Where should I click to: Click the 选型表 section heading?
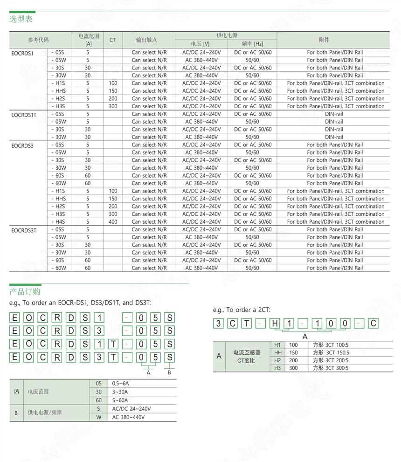pos(21,19)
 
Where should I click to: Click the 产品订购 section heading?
pos(25,292)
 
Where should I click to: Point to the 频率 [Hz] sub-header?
pos(252,44)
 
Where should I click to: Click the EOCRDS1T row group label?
pos(24,114)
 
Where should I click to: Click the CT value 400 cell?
pos(113,222)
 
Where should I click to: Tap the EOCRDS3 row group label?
pos(23,145)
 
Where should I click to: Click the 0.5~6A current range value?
pos(120,384)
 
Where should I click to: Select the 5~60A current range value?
pos(120,400)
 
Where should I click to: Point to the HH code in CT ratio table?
pos(278,352)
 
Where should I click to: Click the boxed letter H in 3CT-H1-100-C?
pos(275,324)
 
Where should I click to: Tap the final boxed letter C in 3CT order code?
pos(373,324)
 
